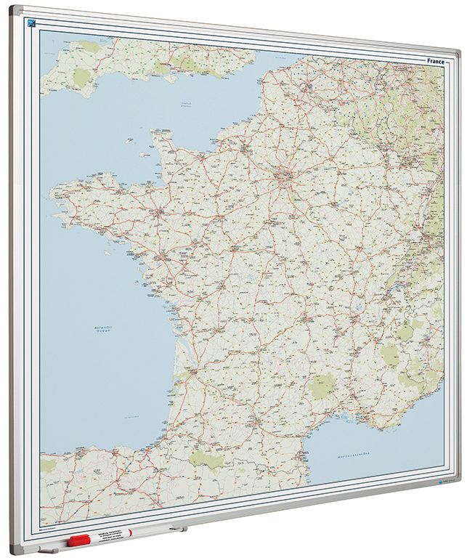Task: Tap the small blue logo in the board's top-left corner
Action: tap(31, 22)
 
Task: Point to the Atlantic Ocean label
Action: tap(105, 332)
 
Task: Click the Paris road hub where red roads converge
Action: tap(284, 176)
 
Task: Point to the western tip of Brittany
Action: tap(54, 195)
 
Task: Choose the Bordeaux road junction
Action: tap(190, 376)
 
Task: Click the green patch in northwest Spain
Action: tap(48, 466)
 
